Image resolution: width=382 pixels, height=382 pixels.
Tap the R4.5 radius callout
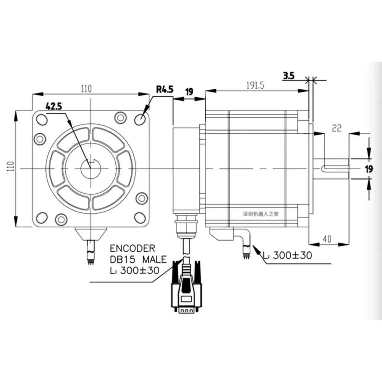click(x=165, y=90)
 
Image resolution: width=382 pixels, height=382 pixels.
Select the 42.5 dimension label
click(x=54, y=107)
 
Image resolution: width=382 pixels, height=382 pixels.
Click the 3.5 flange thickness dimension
click(x=289, y=76)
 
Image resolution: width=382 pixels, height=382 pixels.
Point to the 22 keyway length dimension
click(x=337, y=129)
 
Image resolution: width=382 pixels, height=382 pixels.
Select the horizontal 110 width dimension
click(x=86, y=89)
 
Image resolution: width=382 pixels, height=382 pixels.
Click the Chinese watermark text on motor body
click(x=262, y=214)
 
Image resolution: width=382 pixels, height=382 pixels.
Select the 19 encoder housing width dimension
click(x=189, y=92)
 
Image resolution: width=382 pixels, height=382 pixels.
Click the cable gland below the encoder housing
click(x=186, y=225)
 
